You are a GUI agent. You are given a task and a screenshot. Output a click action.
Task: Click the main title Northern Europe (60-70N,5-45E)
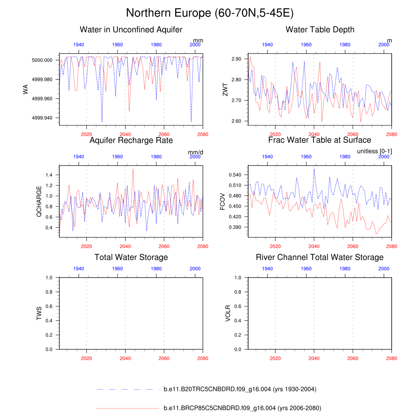(210, 13)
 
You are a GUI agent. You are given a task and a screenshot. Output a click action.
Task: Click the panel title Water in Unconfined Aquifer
(131, 30)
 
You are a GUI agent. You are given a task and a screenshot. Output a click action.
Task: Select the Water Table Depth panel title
(320, 30)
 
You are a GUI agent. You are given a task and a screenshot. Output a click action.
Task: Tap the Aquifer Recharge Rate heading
(131, 140)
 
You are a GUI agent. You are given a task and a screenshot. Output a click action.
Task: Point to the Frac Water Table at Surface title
(320, 140)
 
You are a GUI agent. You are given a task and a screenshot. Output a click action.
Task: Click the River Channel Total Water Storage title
(320, 257)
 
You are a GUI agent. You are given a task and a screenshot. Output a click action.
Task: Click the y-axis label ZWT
(225, 89)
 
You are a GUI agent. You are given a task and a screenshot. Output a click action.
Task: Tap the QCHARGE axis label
(39, 201)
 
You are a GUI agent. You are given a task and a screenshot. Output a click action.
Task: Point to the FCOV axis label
(223, 201)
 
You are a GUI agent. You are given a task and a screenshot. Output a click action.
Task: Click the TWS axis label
(39, 313)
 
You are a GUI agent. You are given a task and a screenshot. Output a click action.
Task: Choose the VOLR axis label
(228, 313)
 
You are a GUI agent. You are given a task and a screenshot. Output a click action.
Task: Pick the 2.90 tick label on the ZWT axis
(236, 59)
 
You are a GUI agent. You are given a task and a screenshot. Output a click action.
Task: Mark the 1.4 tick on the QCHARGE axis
(49, 175)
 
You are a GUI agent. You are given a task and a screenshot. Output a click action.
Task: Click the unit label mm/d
(196, 152)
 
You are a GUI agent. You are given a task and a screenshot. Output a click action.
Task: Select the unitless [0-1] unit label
(374, 151)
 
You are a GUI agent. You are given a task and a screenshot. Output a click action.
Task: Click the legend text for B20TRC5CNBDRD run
(240, 389)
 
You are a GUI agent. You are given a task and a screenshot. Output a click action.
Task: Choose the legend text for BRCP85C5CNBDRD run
(242, 408)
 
